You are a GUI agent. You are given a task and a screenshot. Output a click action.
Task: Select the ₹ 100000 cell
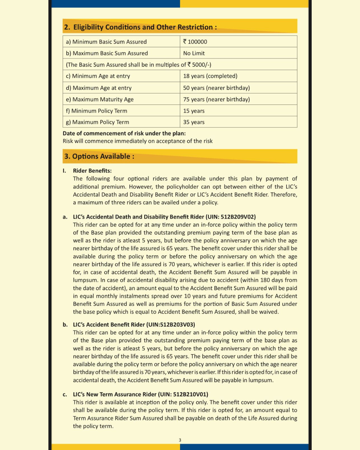[195, 42]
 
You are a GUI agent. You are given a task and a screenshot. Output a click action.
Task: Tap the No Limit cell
[194, 53]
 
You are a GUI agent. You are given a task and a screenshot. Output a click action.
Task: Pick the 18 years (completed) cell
[210, 76]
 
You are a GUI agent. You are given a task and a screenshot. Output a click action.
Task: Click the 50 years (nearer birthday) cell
[216, 88]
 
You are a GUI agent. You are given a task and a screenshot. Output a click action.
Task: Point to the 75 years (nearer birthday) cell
[216, 99]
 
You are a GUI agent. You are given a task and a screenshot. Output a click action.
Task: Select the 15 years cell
[194, 111]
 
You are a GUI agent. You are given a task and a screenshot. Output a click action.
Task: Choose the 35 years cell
[194, 122]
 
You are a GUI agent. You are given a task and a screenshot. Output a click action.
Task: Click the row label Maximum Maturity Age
[100, 99]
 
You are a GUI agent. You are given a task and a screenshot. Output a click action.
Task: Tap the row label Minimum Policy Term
[97, 111]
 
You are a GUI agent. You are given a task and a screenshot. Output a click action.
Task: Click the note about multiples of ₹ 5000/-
[138, 65]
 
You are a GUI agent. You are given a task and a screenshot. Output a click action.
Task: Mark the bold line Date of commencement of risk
[124, 133]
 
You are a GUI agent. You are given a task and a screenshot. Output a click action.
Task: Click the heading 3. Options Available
[99, 156]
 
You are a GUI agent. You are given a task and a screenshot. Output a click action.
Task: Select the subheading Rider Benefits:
[92, 171]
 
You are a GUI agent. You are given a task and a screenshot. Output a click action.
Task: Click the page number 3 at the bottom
[180, 440]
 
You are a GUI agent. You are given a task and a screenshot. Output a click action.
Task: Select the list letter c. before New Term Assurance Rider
[65, 395]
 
